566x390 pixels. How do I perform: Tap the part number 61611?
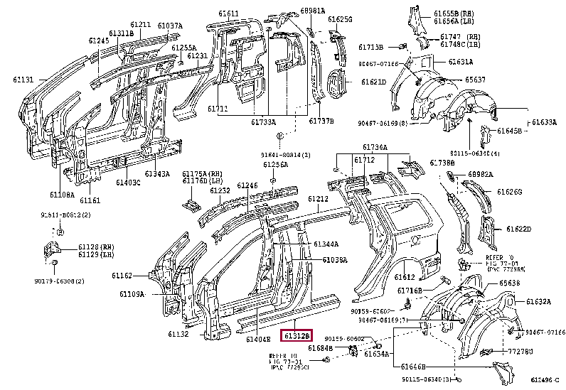pos(229,13)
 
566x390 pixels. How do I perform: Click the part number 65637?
pos(476,80)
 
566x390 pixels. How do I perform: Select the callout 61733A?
pos(262,122)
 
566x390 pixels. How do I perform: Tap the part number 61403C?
pos(128,183)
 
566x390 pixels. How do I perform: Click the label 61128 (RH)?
pos(92,246)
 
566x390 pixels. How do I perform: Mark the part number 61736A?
pos(375,147)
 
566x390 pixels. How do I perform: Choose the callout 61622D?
pos(518,229)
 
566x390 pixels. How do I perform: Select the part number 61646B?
pos(412,367)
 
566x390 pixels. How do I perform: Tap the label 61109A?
pos(132,293)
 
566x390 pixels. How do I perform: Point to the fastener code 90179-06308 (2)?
pos(60,281)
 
